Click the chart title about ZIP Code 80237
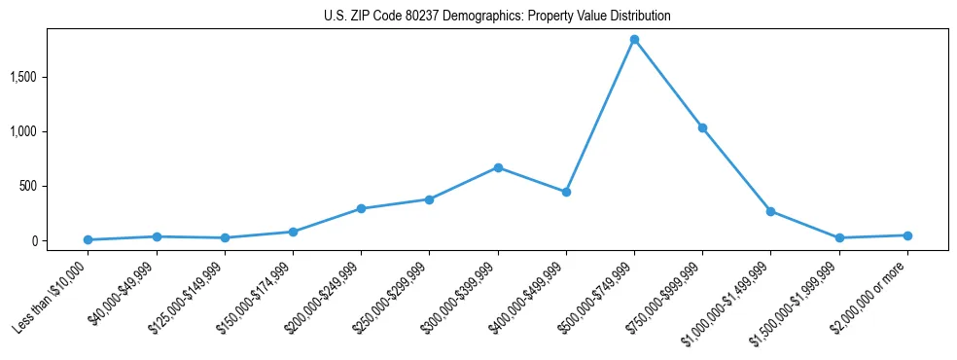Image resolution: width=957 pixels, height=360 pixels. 497,17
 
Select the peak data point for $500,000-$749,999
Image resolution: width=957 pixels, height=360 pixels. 634,40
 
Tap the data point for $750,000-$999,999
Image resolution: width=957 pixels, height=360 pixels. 702,127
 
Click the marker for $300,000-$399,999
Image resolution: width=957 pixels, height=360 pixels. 498,167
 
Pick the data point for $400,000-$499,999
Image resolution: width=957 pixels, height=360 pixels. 566,192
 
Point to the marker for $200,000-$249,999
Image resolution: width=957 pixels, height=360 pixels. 361,208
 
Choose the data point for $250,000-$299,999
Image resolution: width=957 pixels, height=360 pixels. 429,199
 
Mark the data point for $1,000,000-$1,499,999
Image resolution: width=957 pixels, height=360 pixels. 770,211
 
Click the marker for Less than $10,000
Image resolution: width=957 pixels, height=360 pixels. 89,239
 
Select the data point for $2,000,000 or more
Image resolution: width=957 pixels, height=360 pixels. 906,235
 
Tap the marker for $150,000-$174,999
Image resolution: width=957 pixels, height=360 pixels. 293,232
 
